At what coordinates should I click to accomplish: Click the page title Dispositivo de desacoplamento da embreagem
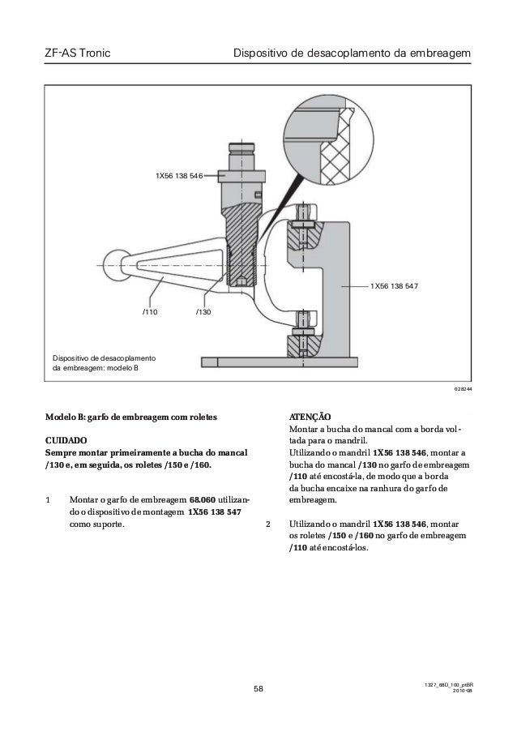(351, 54)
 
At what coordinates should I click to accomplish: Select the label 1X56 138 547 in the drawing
(394, 286)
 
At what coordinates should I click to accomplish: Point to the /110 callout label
(150, 311)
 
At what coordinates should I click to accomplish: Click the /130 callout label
(203, 311)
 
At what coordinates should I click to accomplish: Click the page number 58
(258, 690)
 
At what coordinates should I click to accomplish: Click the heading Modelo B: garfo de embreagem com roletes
(130, 416)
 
